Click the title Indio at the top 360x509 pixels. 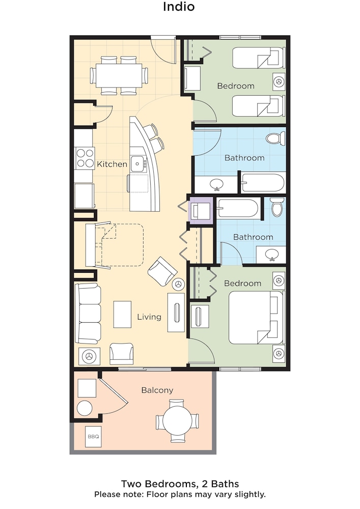[179, 7]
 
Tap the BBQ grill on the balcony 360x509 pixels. [94, 437]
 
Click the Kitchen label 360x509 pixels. [112, 164]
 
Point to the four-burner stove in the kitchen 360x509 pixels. [85, 158]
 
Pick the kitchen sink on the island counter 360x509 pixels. [139, 163]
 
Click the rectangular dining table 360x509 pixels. [119, 75]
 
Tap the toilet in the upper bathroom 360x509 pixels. [275, 138]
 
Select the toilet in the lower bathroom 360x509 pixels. [278, 207]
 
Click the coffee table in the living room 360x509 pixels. [122, 314]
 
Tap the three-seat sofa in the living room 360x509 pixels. [88, 313]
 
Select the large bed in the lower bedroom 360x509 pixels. [256, 318]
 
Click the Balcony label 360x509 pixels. [157, 390]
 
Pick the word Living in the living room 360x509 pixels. [149, 317]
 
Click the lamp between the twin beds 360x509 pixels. [279, 81]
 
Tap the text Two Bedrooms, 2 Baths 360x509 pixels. [180, 484]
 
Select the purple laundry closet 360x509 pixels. [201, 210]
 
